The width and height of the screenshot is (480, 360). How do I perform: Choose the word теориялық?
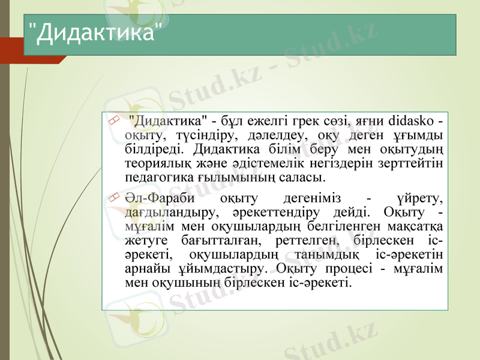coord(152,163)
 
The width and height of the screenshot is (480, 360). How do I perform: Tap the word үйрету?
coord(420,198)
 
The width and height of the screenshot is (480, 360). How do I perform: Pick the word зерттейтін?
coord(410,163)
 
